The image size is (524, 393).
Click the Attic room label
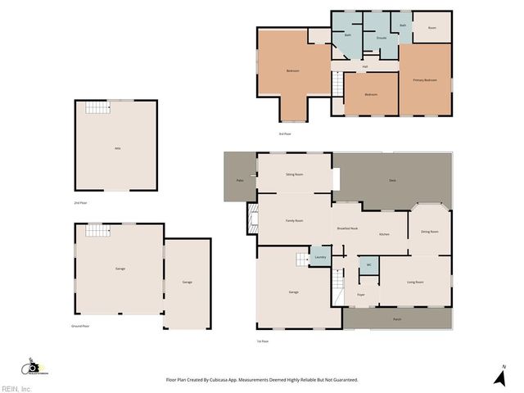coord(118,148)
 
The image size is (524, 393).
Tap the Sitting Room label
coord(295,174)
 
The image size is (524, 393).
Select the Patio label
coord(240,180)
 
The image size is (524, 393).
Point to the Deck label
coord(392,180)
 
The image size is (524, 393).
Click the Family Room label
coord(295,221)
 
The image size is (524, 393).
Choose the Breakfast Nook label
coord(348,228)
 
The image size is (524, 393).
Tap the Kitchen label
coord(384,235)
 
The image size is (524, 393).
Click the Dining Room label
coord(430,232)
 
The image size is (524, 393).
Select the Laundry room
coord(320,258)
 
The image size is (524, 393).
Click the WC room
coord(369,264)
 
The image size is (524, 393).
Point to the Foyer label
coord(360,294)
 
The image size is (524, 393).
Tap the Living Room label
coord(415,282)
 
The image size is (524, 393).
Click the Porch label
coord(397,318)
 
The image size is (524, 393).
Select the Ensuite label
coord(382,38)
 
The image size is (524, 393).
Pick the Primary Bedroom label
coord(425,79)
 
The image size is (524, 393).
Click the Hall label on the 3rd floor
coord(364,66)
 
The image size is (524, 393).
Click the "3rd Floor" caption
coord(285,133)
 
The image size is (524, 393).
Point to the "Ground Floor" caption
coord(80,326)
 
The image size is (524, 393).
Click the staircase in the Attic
coord(98,108)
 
